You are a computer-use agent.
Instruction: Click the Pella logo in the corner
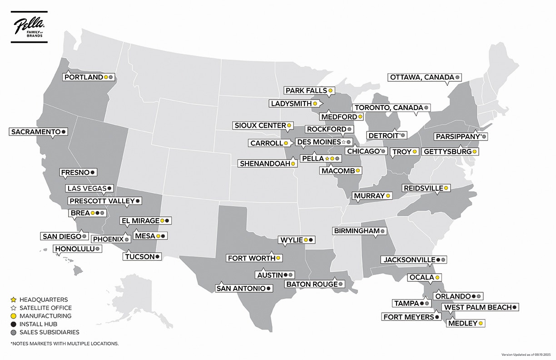[29, 29]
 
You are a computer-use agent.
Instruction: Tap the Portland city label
[84, 77]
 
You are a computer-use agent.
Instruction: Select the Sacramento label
[35, 132]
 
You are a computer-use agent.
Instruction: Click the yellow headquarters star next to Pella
[327, 159]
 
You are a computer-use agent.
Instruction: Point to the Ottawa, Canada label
[422, 77]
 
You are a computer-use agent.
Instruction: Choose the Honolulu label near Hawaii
[74, 249]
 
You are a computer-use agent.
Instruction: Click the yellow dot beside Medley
[481, 323]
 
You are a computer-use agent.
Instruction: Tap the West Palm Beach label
[477, 307]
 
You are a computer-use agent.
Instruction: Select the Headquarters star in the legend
[13, 300]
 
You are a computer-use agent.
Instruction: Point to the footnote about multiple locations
[64, 344]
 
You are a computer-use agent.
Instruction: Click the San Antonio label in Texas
[241, 288]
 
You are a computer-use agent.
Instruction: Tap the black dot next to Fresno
[92, 173]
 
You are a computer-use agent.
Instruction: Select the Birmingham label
[357, 231]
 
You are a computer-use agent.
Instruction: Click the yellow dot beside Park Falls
[331, 91]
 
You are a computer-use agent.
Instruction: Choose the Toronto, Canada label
[388, 108]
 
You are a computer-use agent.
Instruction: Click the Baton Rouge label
[312, 284]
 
